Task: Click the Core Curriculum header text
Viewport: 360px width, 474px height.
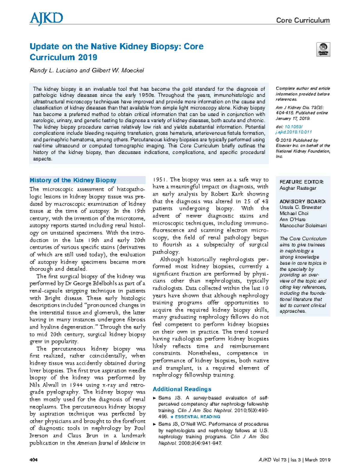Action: (x=303, y=20)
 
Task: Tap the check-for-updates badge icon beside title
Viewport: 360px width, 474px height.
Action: (x=323, y=49)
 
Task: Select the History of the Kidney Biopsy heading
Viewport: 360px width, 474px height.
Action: (x=73, y=180)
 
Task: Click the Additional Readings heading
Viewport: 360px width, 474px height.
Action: (x=182, y=389)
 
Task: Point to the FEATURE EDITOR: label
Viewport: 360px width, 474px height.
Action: (x=301, y=182)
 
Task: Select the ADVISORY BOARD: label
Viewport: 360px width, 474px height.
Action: (x=302, y=201)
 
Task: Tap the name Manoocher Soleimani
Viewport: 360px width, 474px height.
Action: (x=303, y=226)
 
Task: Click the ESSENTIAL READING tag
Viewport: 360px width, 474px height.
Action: (x=197, y=417)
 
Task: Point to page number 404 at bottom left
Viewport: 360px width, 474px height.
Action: (x=33, y=460)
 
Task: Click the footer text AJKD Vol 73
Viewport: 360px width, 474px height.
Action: (x=272, y=460)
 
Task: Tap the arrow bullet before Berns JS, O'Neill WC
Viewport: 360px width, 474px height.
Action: (x=154, y=424)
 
